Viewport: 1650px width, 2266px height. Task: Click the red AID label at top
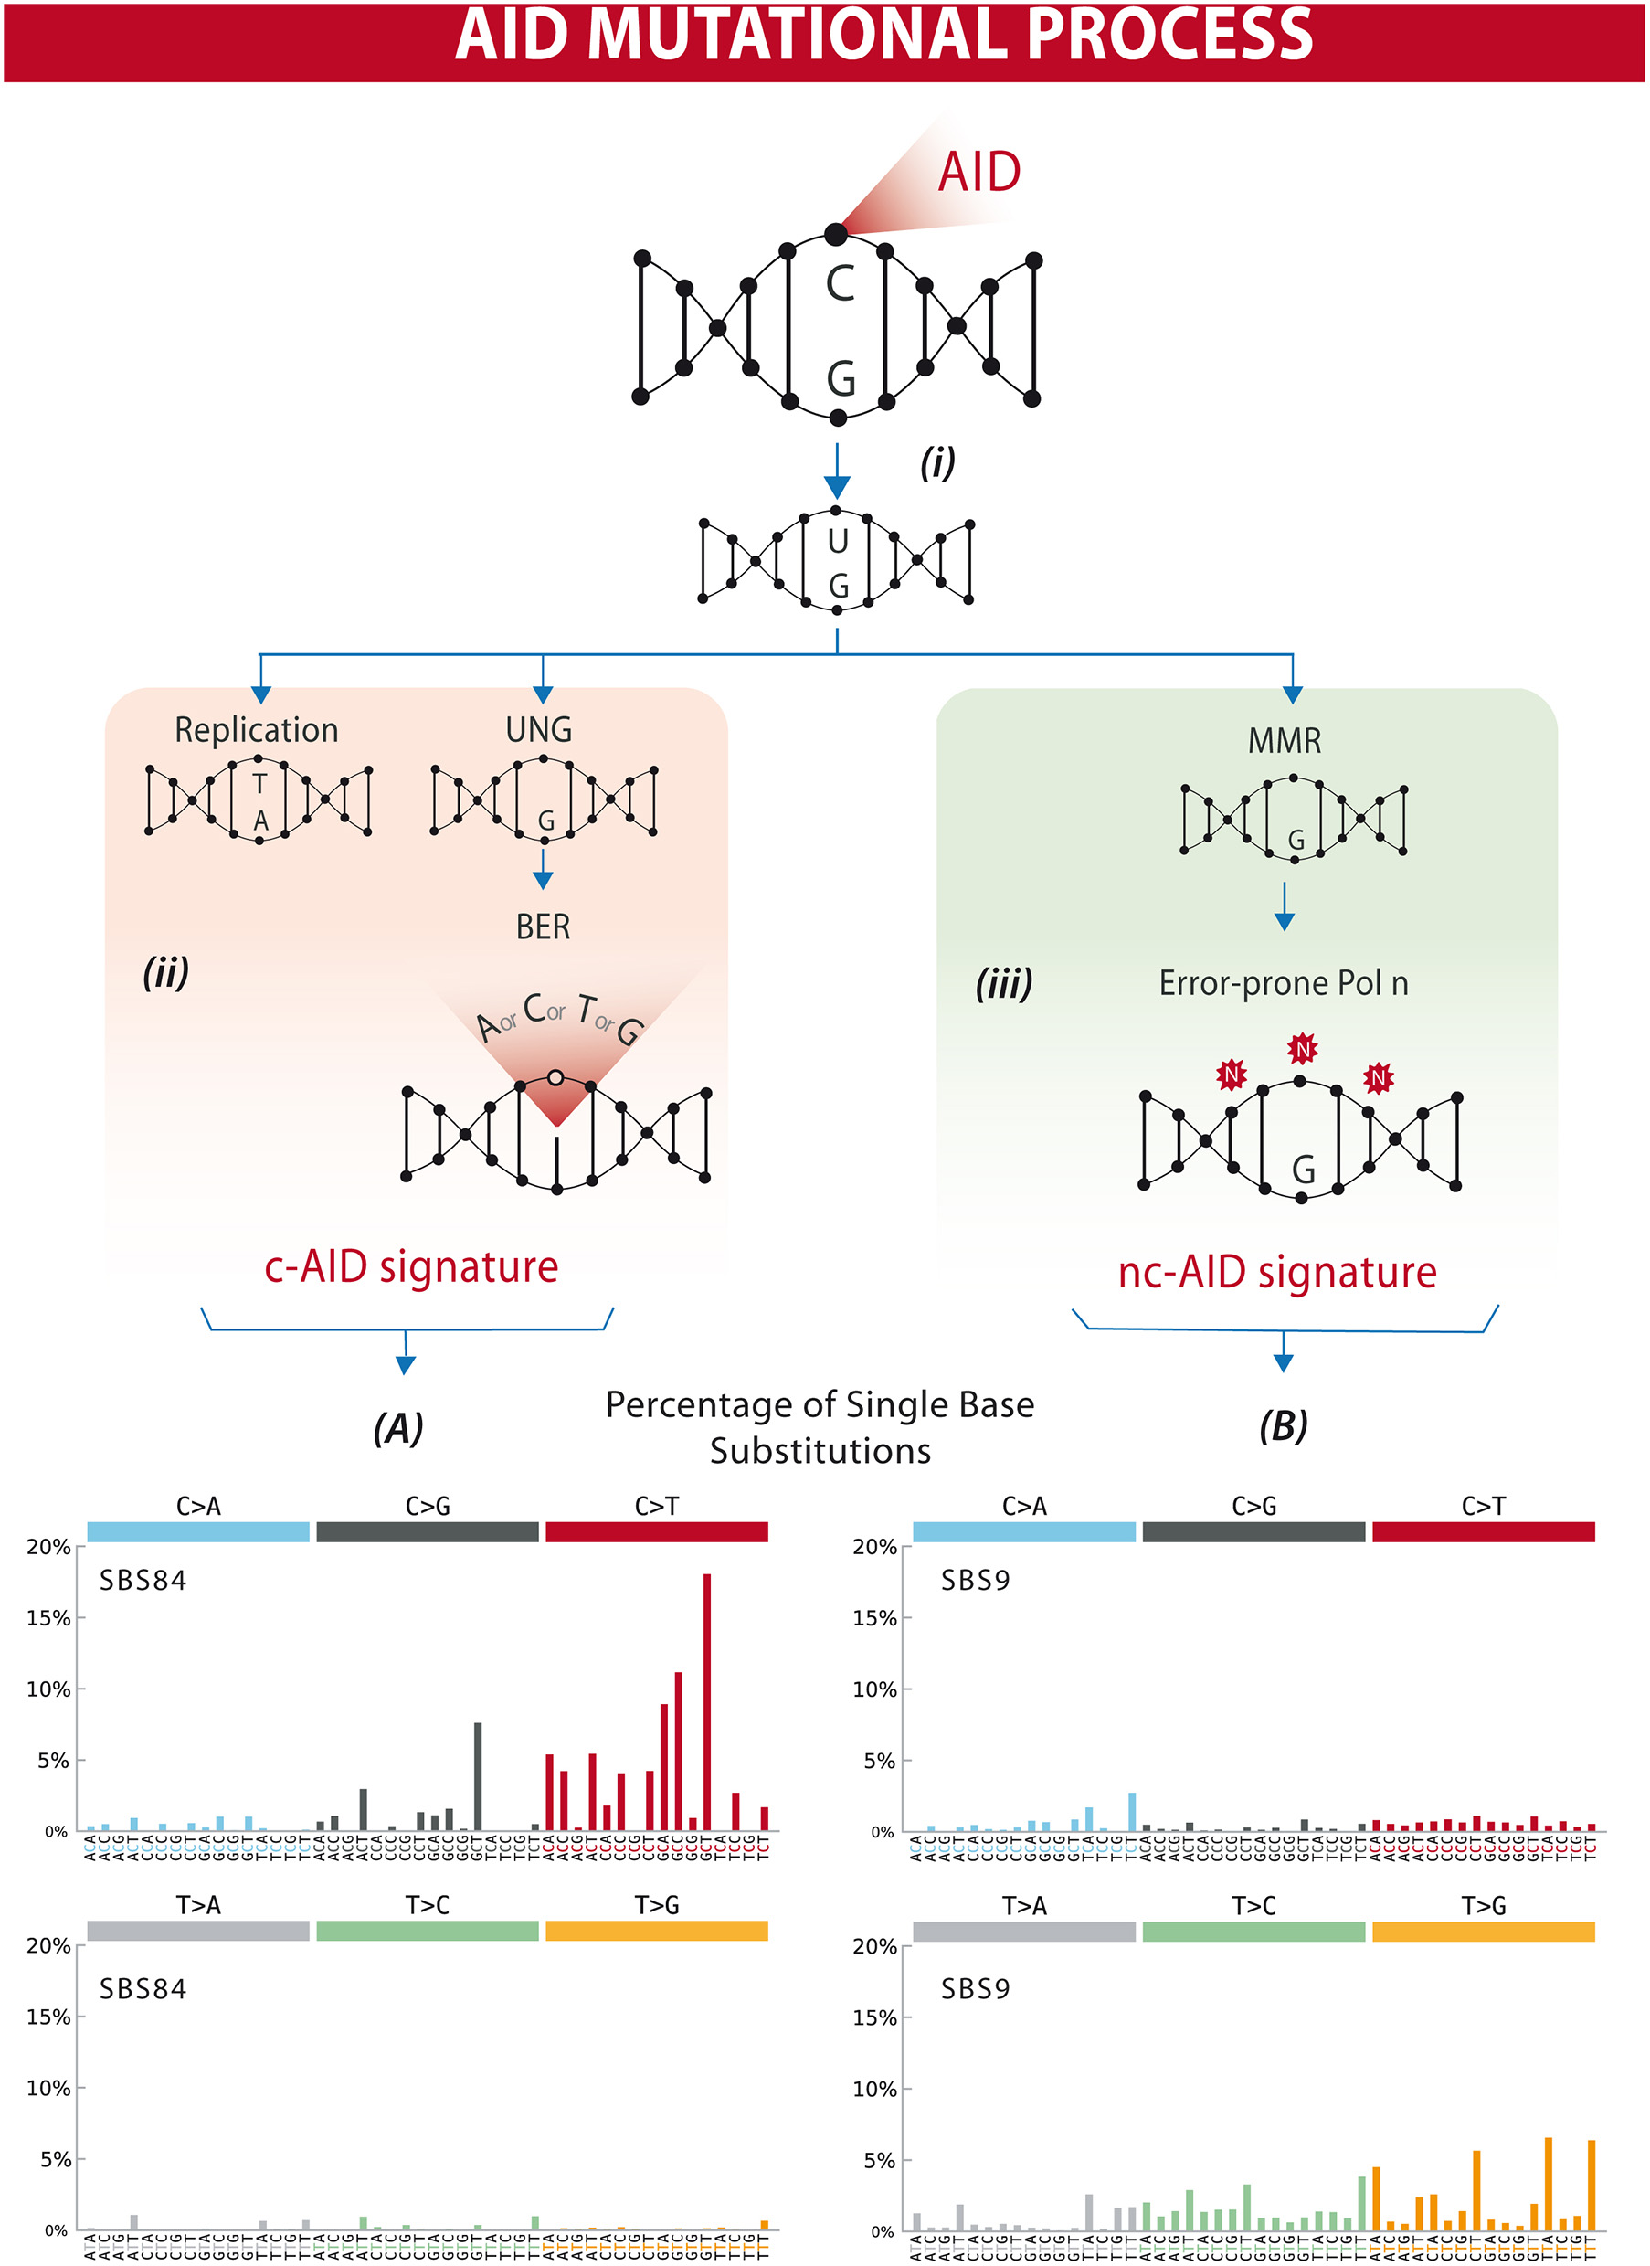[978, 172]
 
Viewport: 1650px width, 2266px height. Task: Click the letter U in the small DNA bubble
[837, 542]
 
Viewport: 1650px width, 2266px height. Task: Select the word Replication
[257, 730]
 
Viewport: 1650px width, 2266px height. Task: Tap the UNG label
[538, 730]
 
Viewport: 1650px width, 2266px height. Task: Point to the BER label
[543, 927]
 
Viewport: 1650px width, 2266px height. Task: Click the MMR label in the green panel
[1285, 741]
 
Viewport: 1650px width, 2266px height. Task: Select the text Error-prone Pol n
[1284, 984]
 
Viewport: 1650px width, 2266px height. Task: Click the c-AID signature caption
[410, 1267]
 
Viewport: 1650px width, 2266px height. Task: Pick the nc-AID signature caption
[1276, 1273]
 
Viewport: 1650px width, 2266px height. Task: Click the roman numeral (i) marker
[936, 462]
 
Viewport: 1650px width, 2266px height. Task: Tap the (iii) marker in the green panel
[1004, 984]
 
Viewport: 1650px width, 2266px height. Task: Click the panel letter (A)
[397, 1428]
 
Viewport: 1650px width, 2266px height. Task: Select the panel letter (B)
[1284, 1425]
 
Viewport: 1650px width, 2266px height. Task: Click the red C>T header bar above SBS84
[656, 1531]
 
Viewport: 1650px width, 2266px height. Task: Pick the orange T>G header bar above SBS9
[1482, 1932]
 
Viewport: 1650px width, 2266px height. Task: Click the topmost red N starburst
[1301, 1049]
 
